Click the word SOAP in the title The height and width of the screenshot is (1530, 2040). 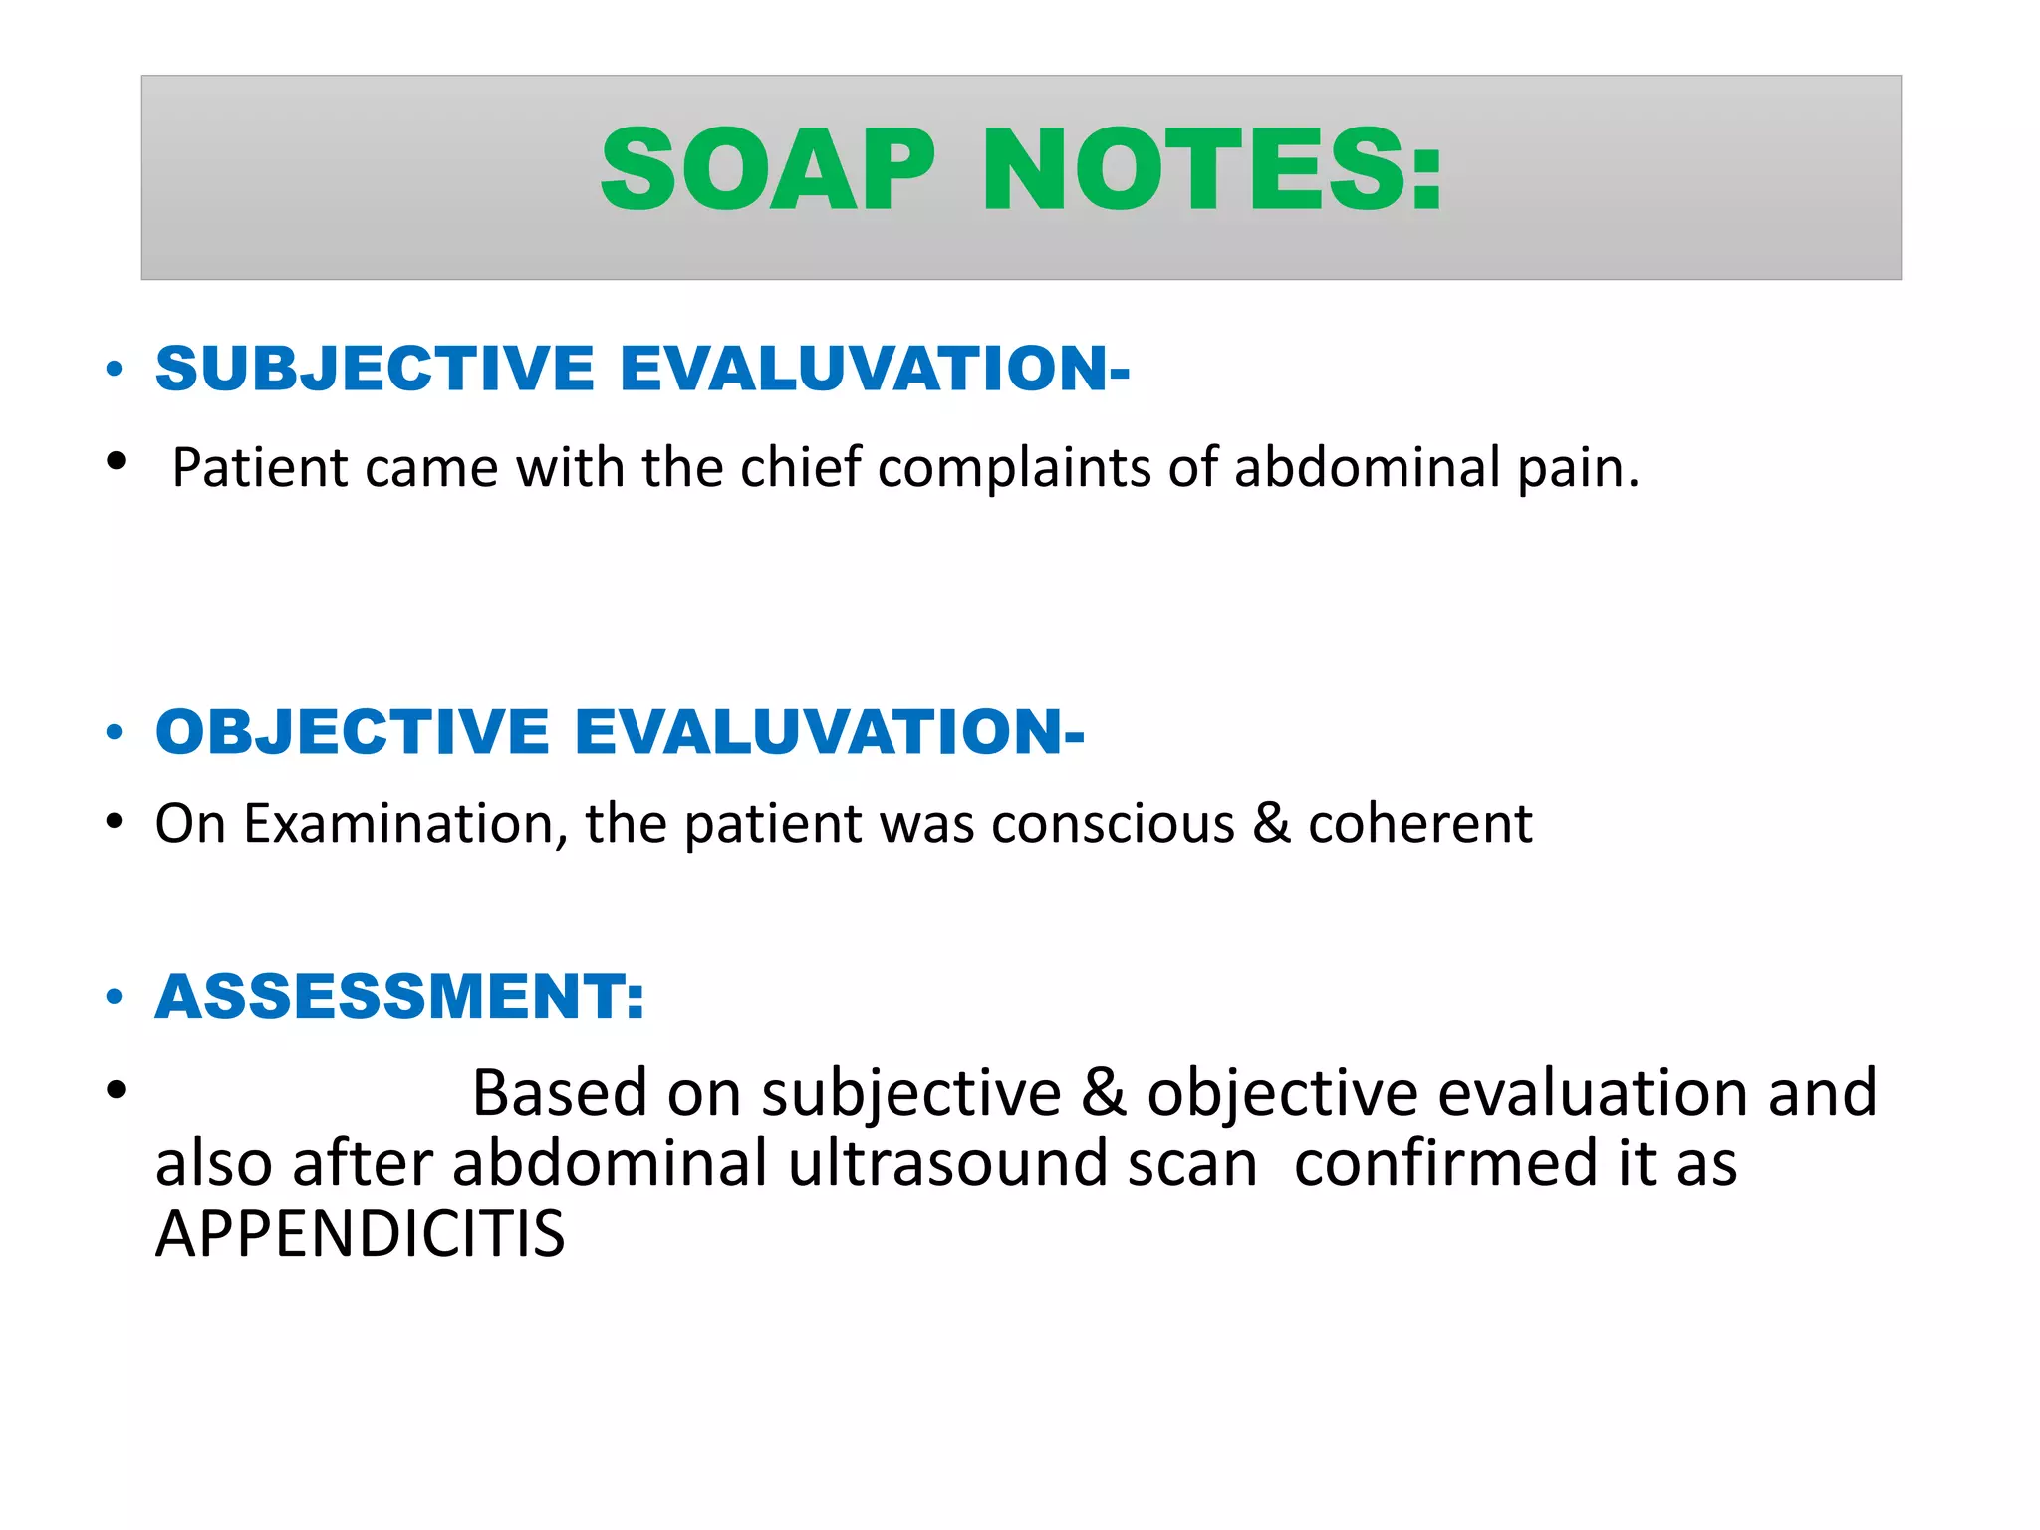[x=768, y=170]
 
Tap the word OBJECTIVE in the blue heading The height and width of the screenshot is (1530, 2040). [x=353, y=732]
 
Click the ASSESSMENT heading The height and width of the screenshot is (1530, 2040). [x=399, y=996]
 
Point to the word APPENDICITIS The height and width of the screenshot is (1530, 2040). [x=360, y=1234]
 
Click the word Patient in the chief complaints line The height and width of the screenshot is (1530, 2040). [x=260, y=467]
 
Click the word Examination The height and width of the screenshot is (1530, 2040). [x=405, y=824]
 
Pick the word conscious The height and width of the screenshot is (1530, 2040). [x=1113, y=824]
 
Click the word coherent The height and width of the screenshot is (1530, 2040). [x=1419, y=824]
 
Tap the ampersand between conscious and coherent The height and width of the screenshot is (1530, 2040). [x=1270, y=824]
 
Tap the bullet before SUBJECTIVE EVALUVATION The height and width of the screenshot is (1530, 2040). [x=115, y=370]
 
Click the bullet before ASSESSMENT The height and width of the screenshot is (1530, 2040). [x=115, y=997]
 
